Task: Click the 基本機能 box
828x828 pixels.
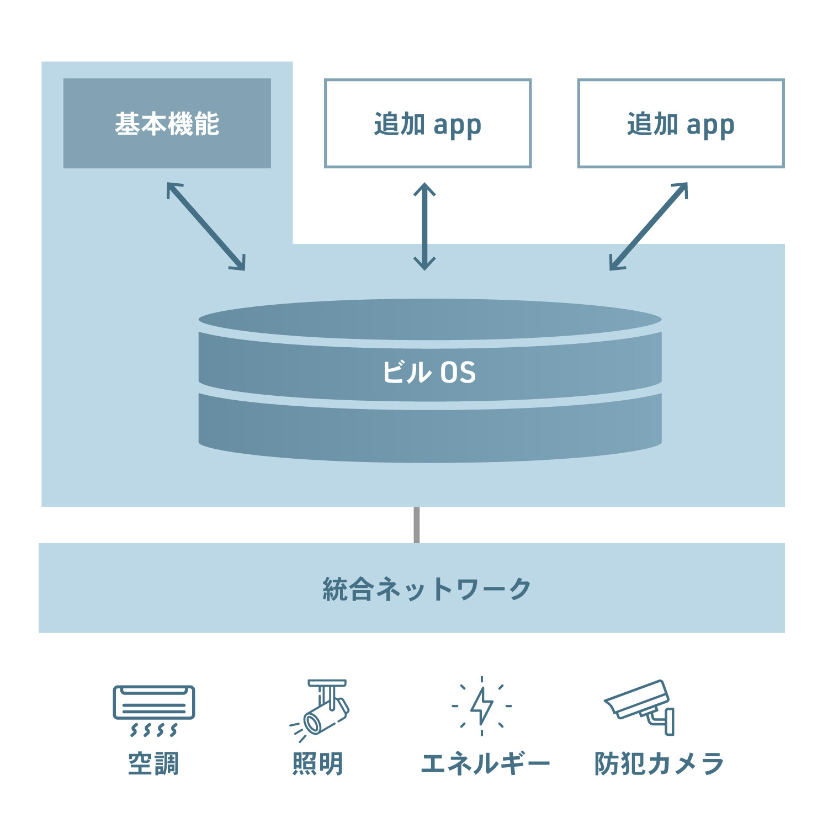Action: click(167, 123)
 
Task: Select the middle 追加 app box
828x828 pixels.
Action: click(427, 123)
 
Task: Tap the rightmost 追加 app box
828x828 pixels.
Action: click(680, 123)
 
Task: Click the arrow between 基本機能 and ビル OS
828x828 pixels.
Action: click(206, 227)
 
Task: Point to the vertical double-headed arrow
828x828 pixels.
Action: click(424, 227)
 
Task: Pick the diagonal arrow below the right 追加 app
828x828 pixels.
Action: click(649, 227)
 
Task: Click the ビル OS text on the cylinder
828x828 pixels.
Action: click(429, 373)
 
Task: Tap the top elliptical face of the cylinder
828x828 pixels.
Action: click(429, 320)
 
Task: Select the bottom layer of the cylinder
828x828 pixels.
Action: click(429, 433)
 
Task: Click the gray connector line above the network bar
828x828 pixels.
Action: click(416, 525)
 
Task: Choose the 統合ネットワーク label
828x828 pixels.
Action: click(426, 589)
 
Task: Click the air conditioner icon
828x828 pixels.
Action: click(154, 709)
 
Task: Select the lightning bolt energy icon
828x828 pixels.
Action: click(482, 706)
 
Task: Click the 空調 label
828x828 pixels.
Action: click(153, 764)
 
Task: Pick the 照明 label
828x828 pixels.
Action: click(317, 764)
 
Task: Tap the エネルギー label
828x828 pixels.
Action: click(485, 764)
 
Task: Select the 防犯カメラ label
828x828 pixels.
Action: click(659, 764)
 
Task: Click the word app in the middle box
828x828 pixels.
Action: click(457, 126)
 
